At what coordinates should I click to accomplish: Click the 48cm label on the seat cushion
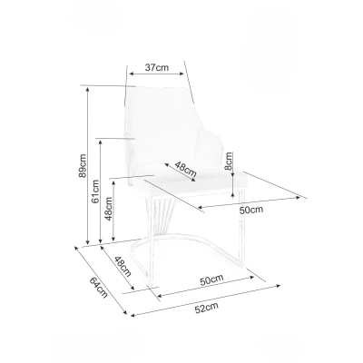click(x=187, y=167)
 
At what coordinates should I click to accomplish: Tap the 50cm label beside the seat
click(x=250, y=210)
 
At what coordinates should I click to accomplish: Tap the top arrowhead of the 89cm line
click(x=88, y=88)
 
